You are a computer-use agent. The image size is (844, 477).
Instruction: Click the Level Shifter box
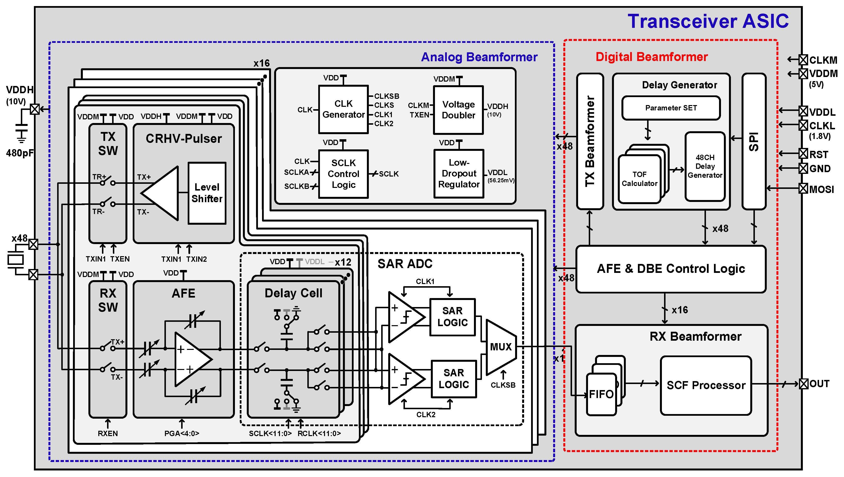pos(207,193)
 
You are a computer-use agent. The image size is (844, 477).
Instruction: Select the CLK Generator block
pos(343,109)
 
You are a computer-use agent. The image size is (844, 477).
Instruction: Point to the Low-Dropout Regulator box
pos(459,174)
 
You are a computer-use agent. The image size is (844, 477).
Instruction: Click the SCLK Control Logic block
pos(343,174)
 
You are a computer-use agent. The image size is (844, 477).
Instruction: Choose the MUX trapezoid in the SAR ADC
pos(501,347)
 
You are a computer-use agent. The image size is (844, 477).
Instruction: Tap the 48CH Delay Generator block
pos(705,166)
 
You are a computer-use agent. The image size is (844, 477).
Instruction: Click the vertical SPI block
pos(754,142)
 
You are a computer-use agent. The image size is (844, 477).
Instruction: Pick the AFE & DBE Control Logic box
pos(671,269)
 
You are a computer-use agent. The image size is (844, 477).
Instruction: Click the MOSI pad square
pos(803,188)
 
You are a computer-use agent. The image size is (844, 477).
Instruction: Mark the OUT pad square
pos(803,384)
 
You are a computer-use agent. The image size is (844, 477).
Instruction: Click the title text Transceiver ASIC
pos(708,21)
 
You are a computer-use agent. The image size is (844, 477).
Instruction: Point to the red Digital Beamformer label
pos(651,57)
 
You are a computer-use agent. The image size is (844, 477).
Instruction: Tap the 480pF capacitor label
pos(20,153)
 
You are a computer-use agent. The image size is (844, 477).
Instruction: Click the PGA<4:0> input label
pos(181,433)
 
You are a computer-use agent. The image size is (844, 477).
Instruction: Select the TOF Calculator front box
pos(639,179)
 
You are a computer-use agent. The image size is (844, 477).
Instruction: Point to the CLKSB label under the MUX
pos(503,385)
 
